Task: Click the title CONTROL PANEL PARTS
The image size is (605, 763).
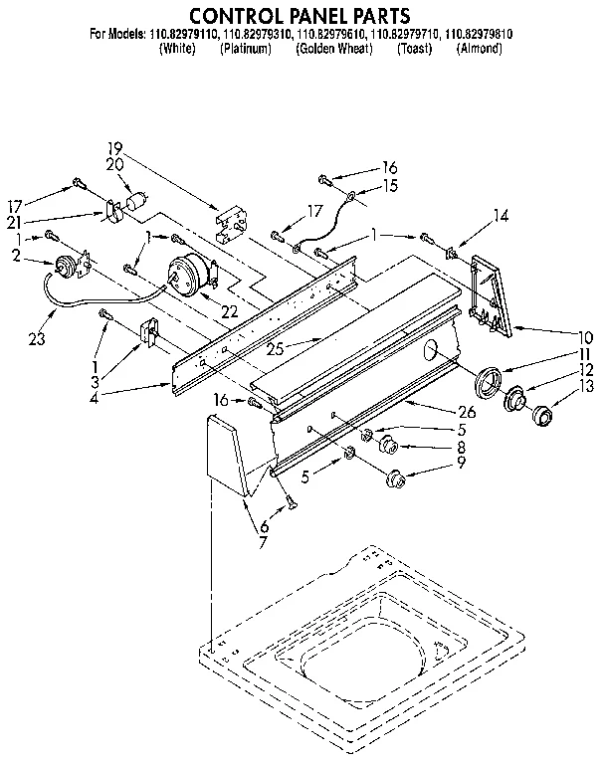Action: click(301, 15)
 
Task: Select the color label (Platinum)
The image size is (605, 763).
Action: click(245, 49)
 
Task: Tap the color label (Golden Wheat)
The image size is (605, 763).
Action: click(333, 49)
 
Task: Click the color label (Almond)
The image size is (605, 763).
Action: click(478, 49)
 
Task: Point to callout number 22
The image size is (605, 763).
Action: click(229, 311)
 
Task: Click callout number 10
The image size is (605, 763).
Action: click(585, 336)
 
